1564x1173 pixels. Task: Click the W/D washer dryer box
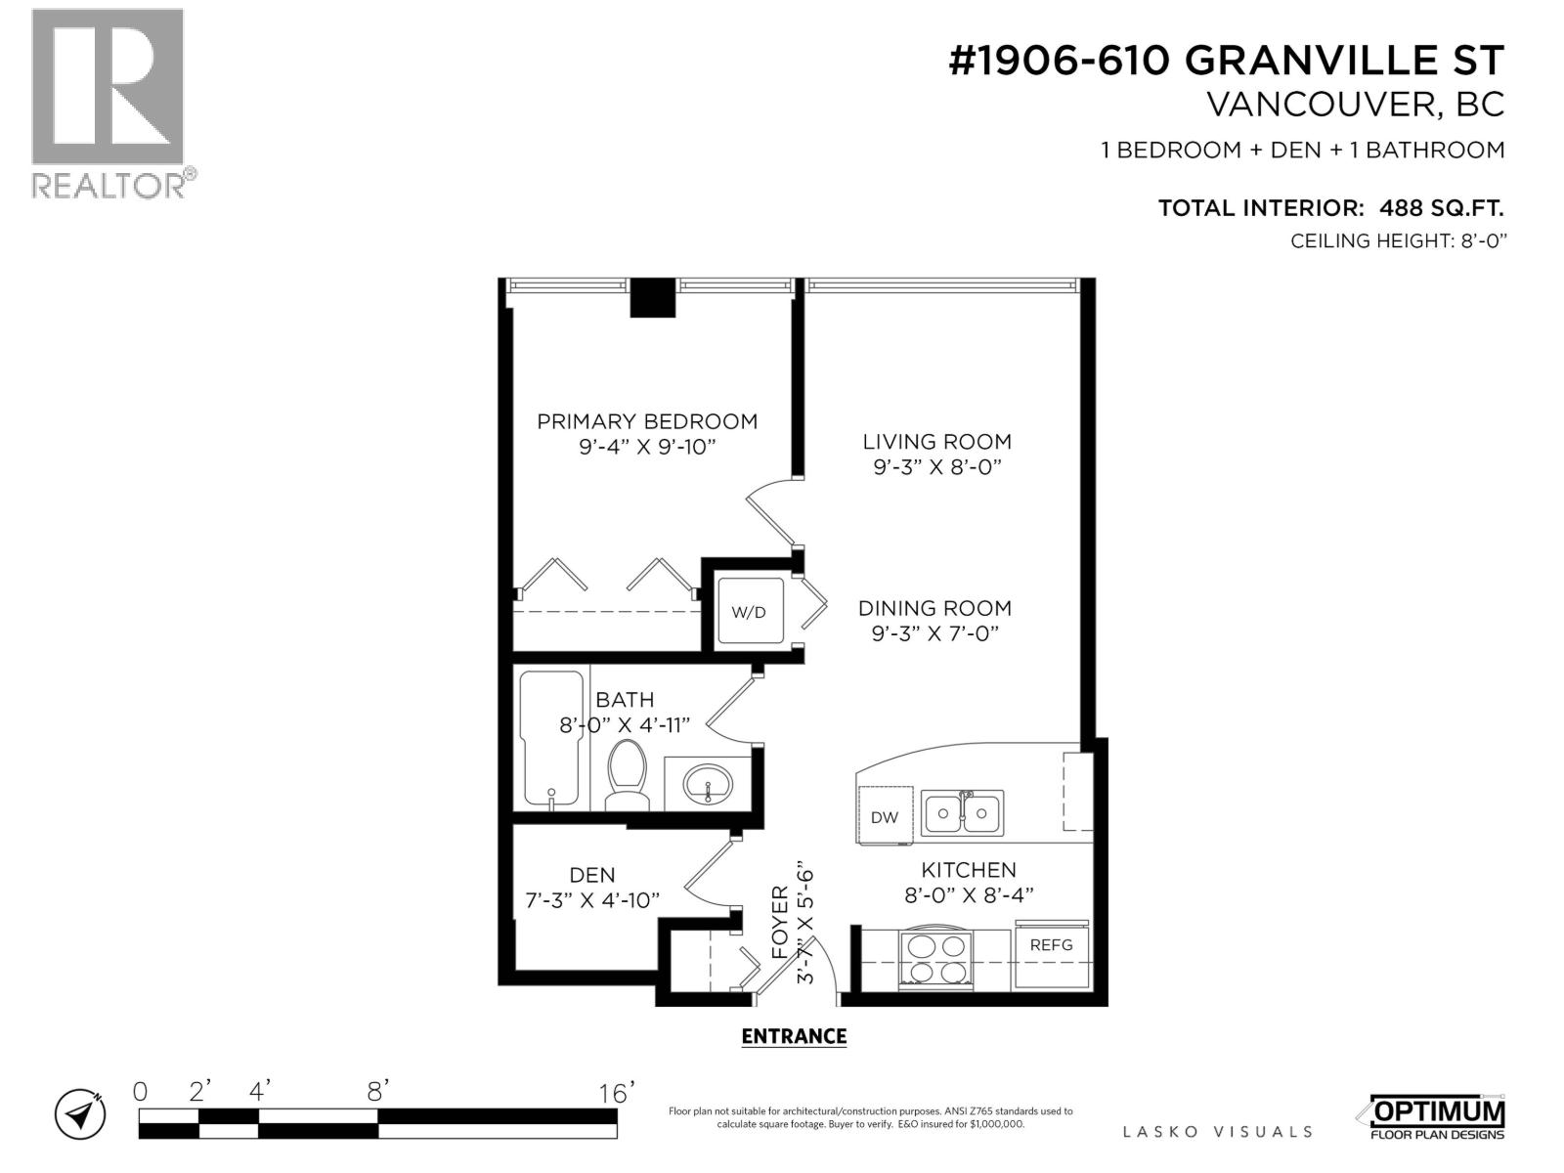coord(750,612)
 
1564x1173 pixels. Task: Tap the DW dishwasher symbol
coord(885,816)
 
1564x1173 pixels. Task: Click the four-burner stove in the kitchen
coord(935,958)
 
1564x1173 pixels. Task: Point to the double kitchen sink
coord(963,812)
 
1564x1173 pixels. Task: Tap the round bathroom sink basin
coord(708,784)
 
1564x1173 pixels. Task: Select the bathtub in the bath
coord(551,738)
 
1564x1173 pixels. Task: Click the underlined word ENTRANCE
coord(794,1036)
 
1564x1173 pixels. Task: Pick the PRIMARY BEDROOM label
coord(647,421)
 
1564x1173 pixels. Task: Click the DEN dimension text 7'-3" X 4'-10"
coord(592,900)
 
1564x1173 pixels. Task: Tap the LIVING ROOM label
coord(937,442)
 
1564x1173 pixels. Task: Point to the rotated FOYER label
coord(780,921)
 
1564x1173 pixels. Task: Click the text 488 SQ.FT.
coord(1441,208)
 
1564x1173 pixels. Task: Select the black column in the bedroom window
coord(652,298)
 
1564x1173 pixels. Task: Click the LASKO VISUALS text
coord(1217,1132)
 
